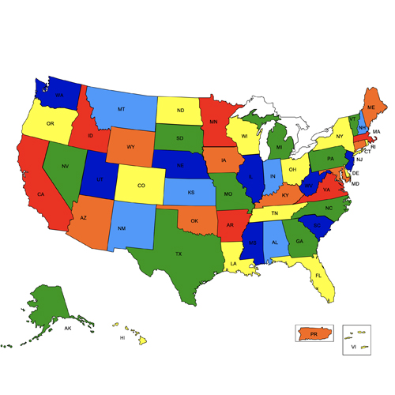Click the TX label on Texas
pyautogui.click(x=178, y=254)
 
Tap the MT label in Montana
pyautogui.click(x=121, y=109)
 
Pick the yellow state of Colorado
pyautogui.click(x=141, y=186)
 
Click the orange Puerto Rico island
pyautogui.click(x=314, y=335)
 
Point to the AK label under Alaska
pyautogui.click(x=68, y=327)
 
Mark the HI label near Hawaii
pyautogui.click(x=122, y=337)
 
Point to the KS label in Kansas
pyautogui.click(x=191, y=192)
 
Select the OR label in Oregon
pyautogui.click(x=50, y=124)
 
